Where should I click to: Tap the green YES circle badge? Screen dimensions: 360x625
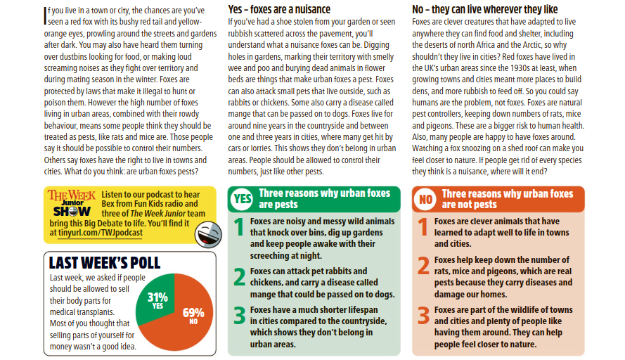pyautogui.click(x=242, y=200)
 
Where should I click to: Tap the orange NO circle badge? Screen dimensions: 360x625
pyautogui.click(x=425, y=200)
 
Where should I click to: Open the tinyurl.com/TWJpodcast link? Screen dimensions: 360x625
pyautogui.click(x=101, y=233)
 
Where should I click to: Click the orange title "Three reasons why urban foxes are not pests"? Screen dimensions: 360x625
pyautogui.click(x=508, y=199)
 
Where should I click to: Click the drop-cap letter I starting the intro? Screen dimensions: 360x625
pyautogui.click(x=46, y=12)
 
